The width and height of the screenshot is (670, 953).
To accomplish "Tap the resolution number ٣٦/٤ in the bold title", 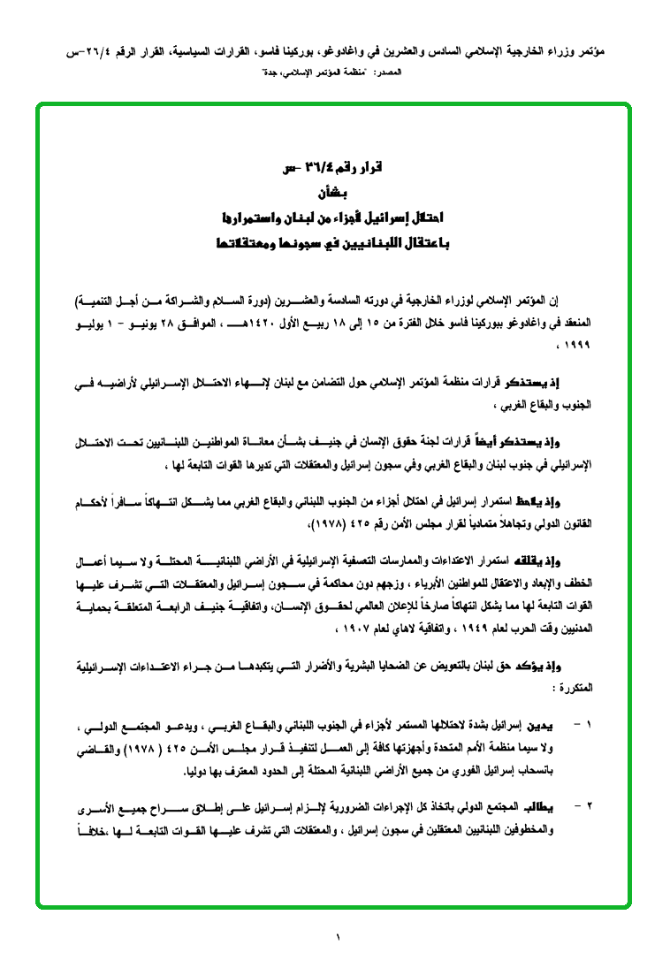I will (316, 167).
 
